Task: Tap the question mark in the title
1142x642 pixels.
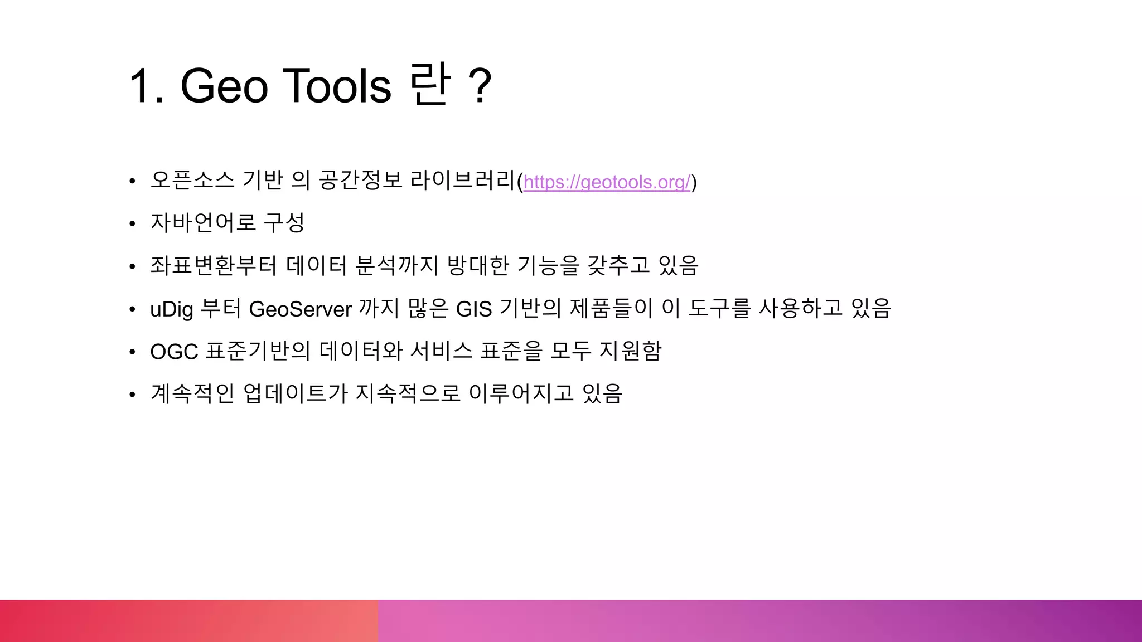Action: click(480, 86)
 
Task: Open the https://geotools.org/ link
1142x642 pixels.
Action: click(607, 182)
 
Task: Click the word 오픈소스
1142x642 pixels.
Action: click(192, 180)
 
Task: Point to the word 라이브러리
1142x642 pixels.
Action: click(463, 180)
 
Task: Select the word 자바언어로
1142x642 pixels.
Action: click(203, 223)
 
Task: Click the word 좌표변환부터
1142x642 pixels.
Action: click(214, 265)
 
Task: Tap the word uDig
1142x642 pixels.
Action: click(171, 309)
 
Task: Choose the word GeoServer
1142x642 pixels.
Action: click(300, 309)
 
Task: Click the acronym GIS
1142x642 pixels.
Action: click(474, 309)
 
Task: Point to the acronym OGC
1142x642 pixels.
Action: click(174, 352)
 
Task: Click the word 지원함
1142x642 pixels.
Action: click(630, 351)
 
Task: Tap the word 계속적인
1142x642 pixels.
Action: click(192, 393)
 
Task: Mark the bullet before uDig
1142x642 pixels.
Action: click(132, 309)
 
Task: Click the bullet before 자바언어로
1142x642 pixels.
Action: click(132, 224)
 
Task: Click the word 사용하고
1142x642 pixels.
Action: click(801, 308)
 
